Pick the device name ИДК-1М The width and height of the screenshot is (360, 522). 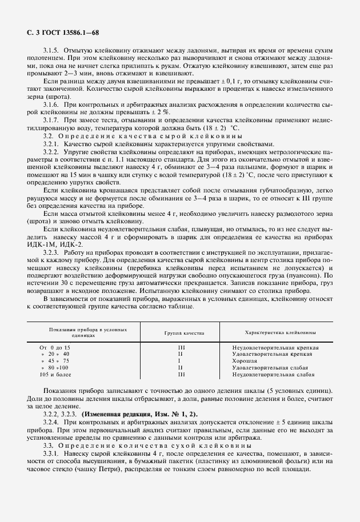click(40, 244)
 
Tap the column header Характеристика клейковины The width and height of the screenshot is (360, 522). click(274, 332)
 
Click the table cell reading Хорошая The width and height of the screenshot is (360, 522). click(245, 361)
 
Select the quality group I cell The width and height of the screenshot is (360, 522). click(179, 361)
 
